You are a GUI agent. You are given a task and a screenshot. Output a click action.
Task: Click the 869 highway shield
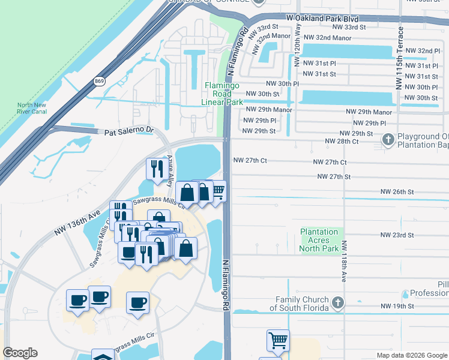click(x=100, y=80)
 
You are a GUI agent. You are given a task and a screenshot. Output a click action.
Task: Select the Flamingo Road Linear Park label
click(x=222, y=94)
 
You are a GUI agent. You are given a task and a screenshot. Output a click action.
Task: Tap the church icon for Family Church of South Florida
click(x=338, y=303)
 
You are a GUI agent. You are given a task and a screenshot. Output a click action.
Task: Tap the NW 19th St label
click(x=397, y=306)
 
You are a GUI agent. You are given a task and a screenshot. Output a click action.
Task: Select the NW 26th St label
click(x=397, y=191)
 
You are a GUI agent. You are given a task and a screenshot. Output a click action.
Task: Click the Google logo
click(x=20, y=353)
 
